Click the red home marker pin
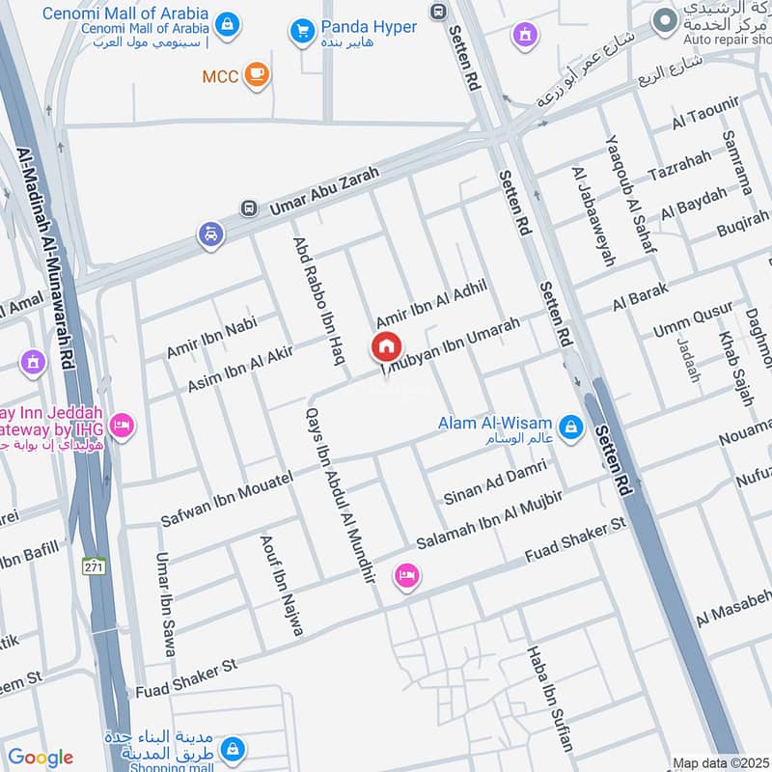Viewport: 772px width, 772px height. (x=386, y=345)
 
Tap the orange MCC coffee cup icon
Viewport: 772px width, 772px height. (x=256, y=75)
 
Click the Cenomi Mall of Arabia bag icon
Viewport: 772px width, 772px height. (x=227, y=24)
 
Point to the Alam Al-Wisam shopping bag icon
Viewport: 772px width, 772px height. (x=570, y=426)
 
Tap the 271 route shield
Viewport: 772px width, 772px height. (x=93, y=565)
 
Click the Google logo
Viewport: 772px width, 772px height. (x=40, y=758)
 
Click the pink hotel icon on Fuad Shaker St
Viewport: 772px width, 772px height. (x=407, y=576)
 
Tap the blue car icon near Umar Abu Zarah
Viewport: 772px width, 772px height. (x=210, y=234)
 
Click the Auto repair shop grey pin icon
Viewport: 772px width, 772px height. (x=664, y=19)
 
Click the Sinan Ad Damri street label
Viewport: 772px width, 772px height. (x=494, y=482)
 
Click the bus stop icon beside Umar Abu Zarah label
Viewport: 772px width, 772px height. (x=250, y=208)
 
